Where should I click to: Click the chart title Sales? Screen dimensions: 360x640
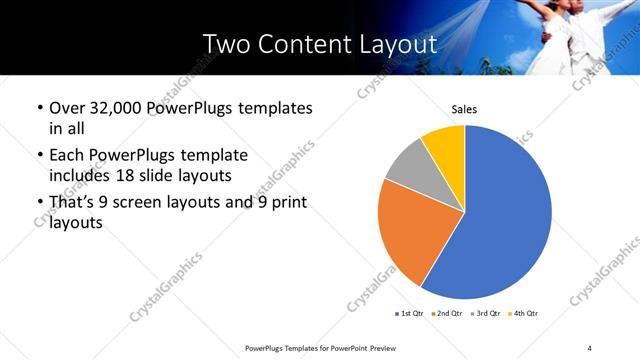pyautogui.click(x=464, y=108)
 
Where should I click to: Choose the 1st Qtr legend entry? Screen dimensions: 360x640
pyautogui.click(x=410, y=314)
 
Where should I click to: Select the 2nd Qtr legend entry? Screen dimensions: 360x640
pyautogui.click(x=447, y=314)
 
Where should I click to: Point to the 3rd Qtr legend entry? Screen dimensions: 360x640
pyautogui.click(x=485, y=314)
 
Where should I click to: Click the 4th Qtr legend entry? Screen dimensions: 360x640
pyautogui.click(x=523, y=314)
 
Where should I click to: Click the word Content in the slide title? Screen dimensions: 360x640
pyautogui.click(x=297, y=44)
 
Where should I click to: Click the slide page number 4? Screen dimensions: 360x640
pyautogui.click(x=589, y=347)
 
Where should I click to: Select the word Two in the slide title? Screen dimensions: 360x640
pyautogui.click(x=223, y=44)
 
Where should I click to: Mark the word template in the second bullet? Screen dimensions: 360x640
pyautogui.click(x=211, y=156)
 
